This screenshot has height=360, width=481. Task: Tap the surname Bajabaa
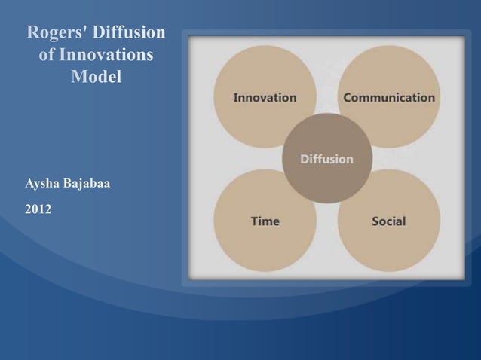pyautogui.click(x=89, y=184)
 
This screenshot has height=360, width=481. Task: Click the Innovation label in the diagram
pyautogui.click(x=265, y=98)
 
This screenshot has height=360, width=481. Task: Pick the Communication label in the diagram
pyautogui.click(x=389, y=98)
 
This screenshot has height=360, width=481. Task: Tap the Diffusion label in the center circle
pyautogui.click(x=326, y=159)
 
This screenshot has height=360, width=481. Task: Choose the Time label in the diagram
pyautogui.click(x=265, y=221)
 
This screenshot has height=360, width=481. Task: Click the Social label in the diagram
pyautogui.click(x=388, y=221)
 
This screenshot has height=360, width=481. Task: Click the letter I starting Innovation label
pyautogui.click(x=235, y=98)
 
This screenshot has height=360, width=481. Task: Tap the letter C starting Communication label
pyautogui.click(x=348, y=98)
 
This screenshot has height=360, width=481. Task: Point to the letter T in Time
pyautogui.click(x=254, y=221)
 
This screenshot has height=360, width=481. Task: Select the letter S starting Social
pyautogui.click(x=375, y=221)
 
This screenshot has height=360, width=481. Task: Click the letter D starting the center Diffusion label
pyautogui.click(x=305, y=159)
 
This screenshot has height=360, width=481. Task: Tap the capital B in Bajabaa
pyautogui.click(x=69, y=184)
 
